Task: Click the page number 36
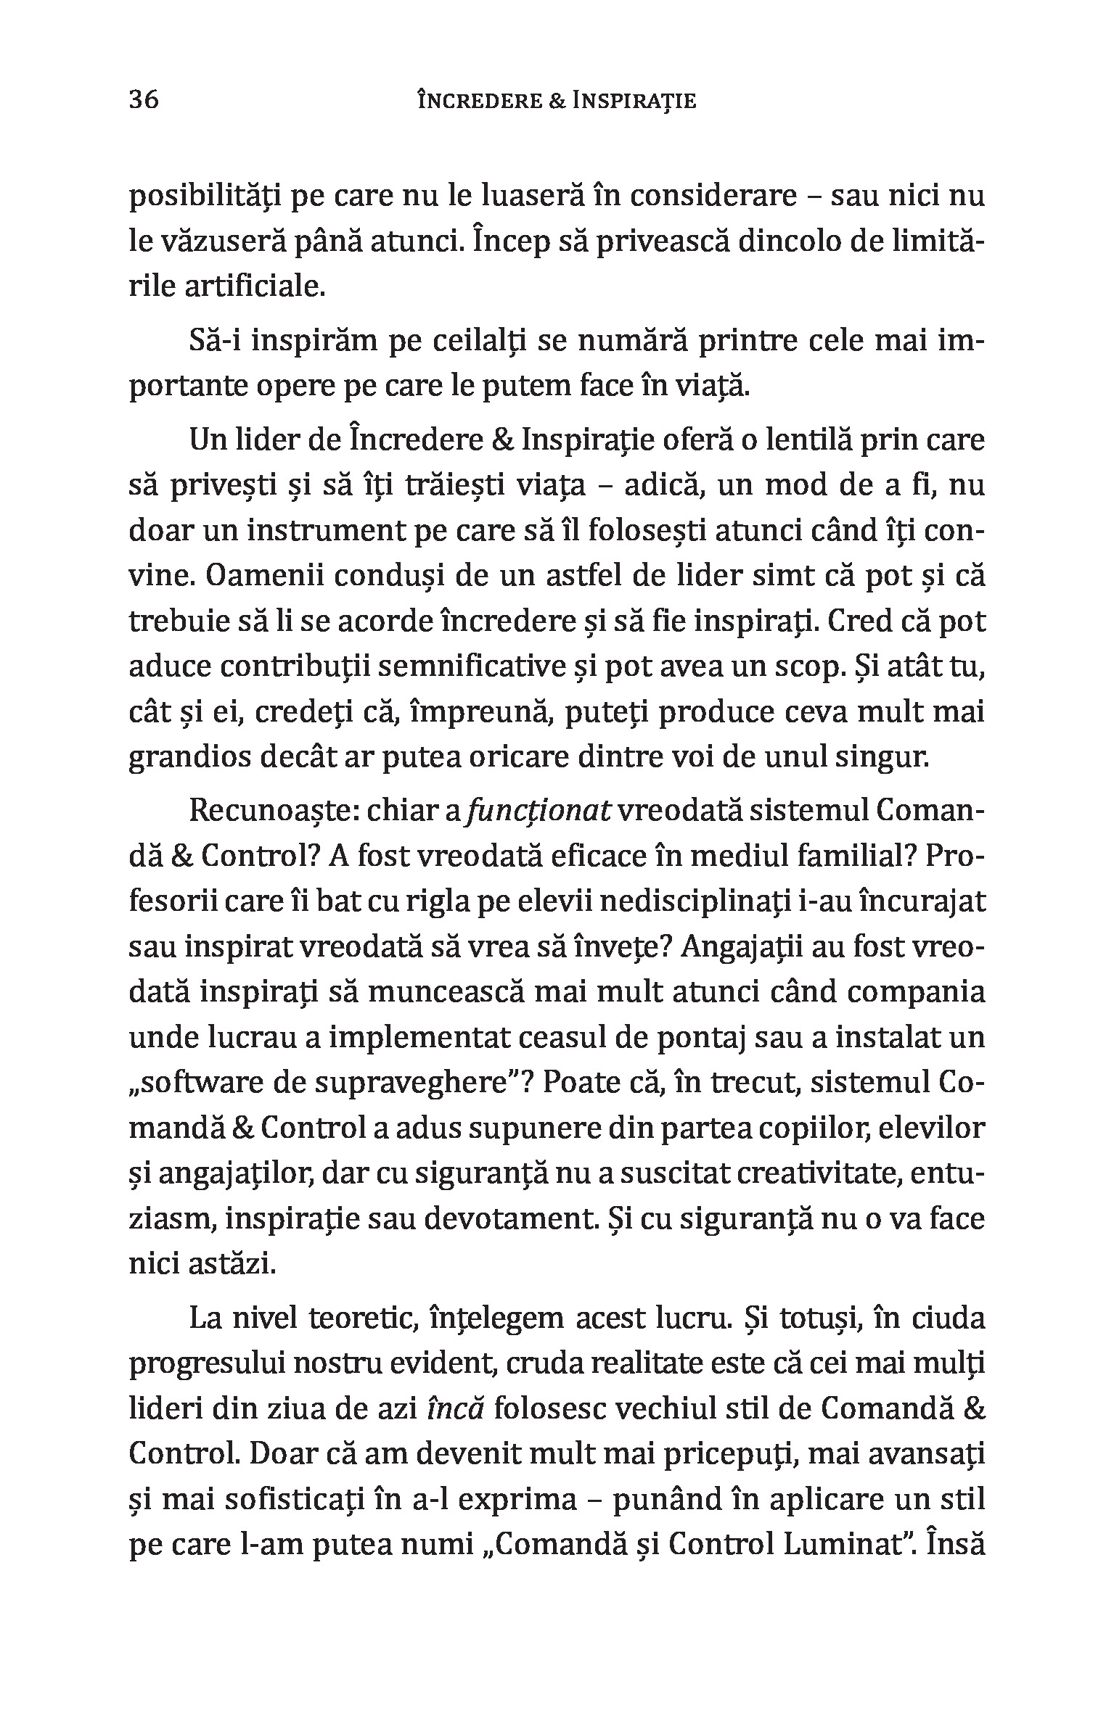tap(144, 99)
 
